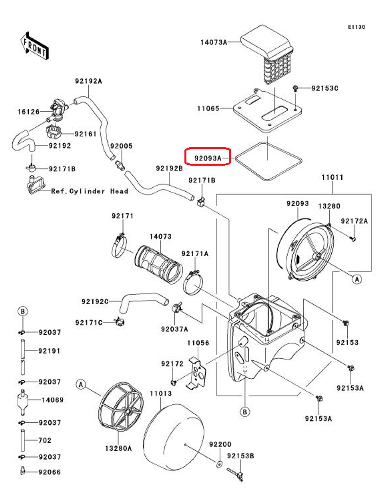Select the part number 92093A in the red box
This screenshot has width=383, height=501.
point(208,158)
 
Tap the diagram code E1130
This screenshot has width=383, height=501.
point(356,27)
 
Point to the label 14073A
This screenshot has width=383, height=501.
point(214,42)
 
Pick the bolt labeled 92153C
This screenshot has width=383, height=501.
point(296,88)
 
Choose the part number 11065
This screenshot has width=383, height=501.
point(208,108)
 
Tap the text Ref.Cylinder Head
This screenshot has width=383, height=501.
point(90,191)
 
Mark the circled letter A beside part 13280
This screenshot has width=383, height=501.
point(357,279)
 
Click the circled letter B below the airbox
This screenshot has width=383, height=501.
point(244,412)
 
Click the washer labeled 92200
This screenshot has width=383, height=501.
point(219,464)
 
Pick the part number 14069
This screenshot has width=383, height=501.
point(52,400)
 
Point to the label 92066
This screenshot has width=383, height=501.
point(49,472)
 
